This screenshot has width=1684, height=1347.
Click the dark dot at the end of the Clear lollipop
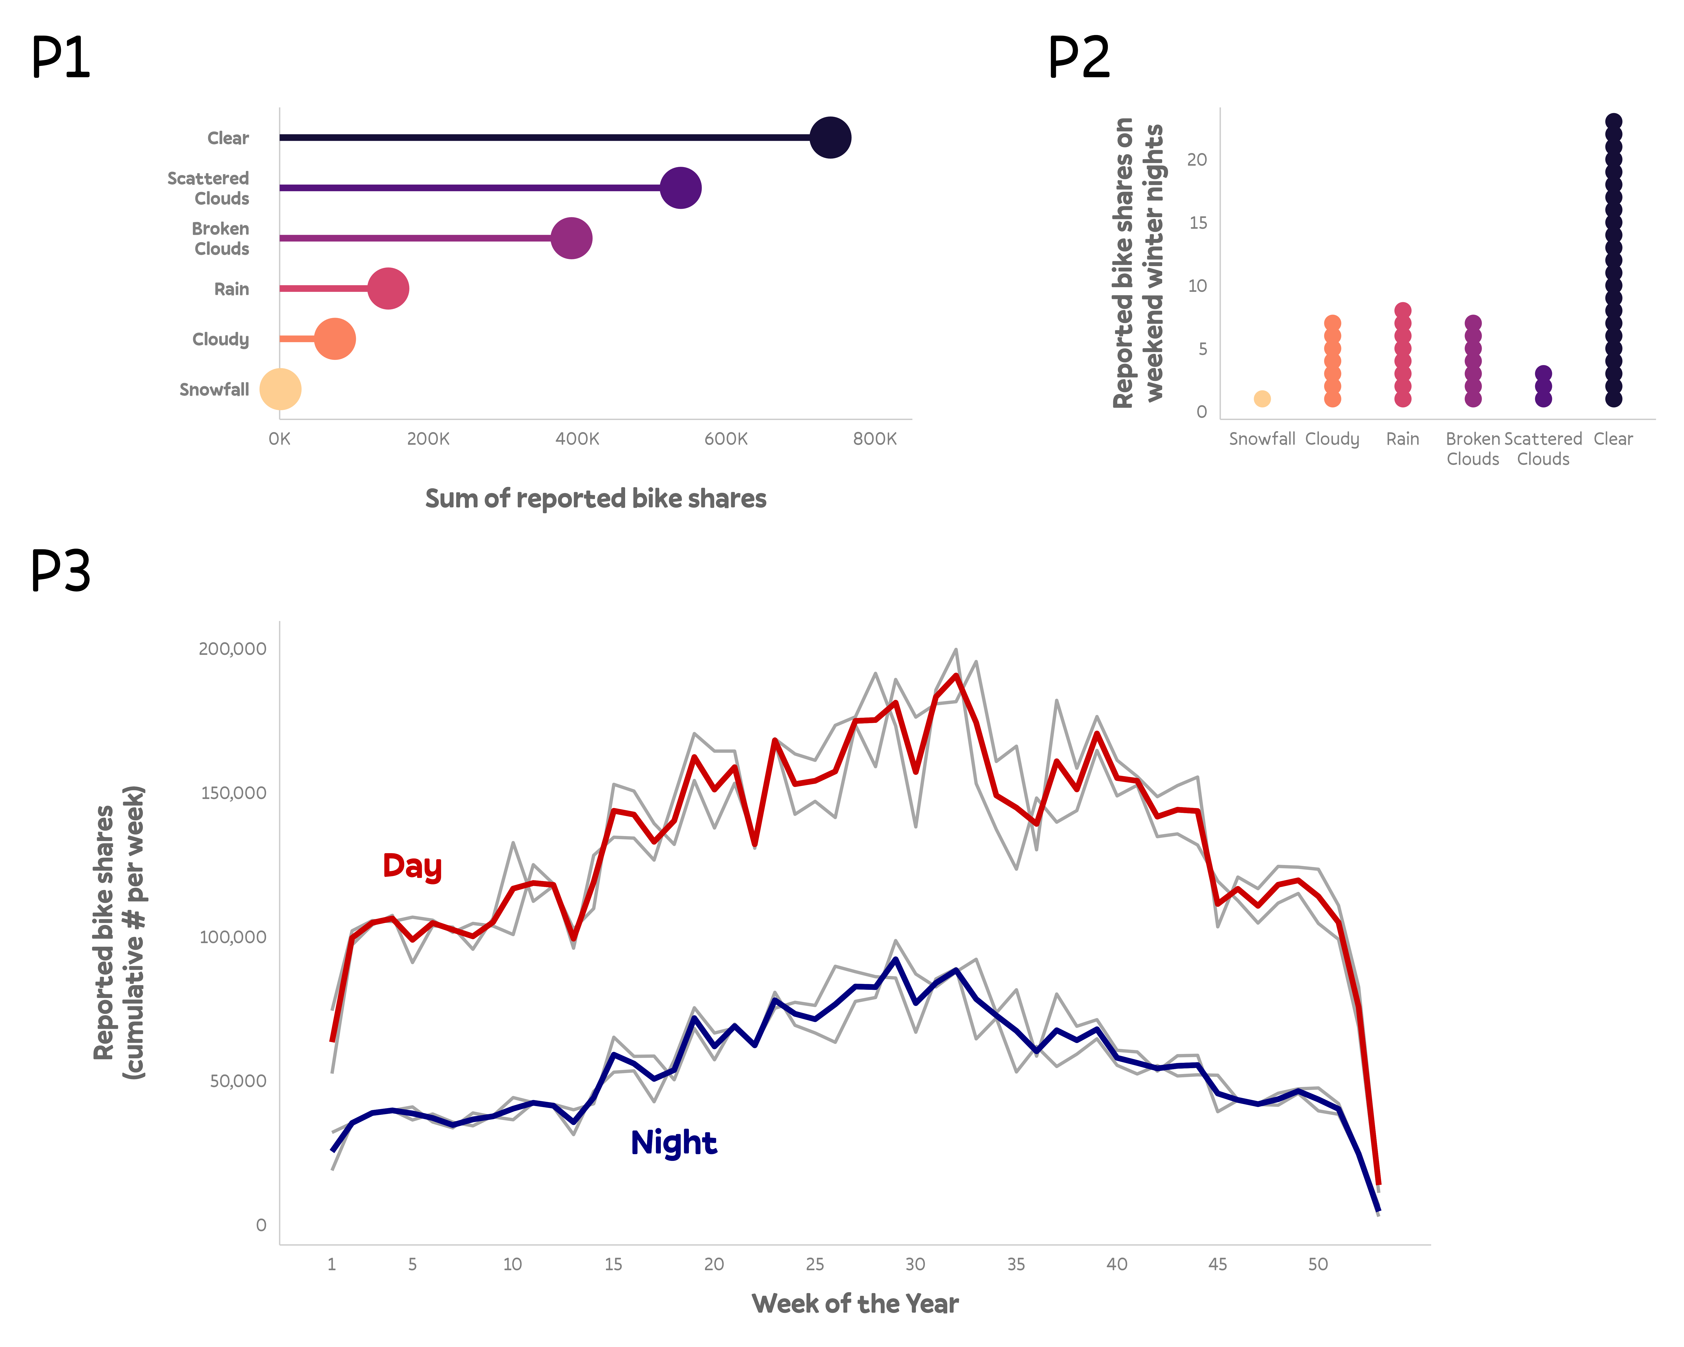829,137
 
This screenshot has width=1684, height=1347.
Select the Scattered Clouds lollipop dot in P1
680,188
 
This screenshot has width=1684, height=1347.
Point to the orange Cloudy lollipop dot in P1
335,339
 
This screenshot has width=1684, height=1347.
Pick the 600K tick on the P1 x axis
726,439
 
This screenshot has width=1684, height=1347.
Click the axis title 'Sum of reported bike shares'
595,498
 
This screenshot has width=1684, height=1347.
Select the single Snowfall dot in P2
1262,399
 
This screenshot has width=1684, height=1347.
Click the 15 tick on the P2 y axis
1197,223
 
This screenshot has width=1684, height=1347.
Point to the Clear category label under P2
1613,439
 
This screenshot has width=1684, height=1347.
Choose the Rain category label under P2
1402,439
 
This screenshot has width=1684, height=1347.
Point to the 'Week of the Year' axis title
855,1303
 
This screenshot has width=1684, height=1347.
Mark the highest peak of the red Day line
956,676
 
